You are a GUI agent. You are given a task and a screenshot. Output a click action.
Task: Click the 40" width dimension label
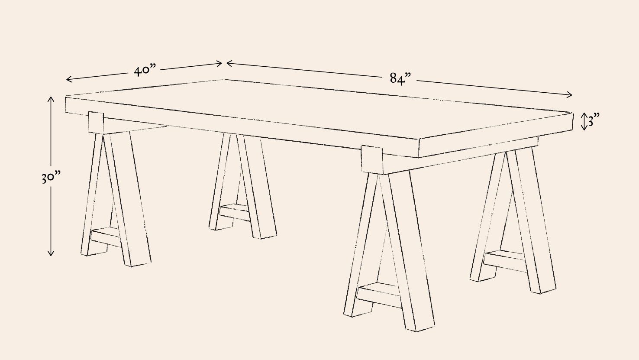click(145, 70)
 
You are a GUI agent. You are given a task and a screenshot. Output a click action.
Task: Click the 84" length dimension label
click(400, 78)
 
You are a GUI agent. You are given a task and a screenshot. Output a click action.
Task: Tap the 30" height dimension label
click(51, 177)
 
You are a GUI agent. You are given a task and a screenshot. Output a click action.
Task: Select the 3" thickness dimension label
click(594, 120)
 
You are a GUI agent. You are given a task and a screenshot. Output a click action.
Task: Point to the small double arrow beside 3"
click(584, 122)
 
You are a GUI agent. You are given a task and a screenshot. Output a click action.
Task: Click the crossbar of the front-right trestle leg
click(379, 295)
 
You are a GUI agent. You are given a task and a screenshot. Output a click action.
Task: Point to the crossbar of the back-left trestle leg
click(235, 212)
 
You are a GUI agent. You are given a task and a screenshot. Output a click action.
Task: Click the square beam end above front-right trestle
click(372, 159)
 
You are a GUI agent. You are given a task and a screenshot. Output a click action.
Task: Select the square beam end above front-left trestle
click(96, 123)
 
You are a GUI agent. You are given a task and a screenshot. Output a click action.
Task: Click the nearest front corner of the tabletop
click(419, 140)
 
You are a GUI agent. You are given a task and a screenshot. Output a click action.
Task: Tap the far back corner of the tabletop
click(225, 80)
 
